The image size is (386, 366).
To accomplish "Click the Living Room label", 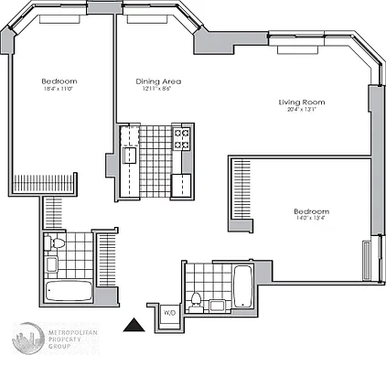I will (302, 102).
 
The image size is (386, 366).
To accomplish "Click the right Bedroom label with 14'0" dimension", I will (313, 211).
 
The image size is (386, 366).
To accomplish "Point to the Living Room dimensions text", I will (302, 111).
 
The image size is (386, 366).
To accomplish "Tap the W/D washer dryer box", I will (170, 312).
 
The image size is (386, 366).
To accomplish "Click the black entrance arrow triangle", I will (134, 323).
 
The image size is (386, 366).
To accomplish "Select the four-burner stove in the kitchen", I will (182, 138).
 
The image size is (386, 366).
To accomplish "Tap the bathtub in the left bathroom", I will (69, 294).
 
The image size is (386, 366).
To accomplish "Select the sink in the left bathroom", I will (51, 265).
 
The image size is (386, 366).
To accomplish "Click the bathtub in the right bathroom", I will (244, 285).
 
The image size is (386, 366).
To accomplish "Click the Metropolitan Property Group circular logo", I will (28, 340).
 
